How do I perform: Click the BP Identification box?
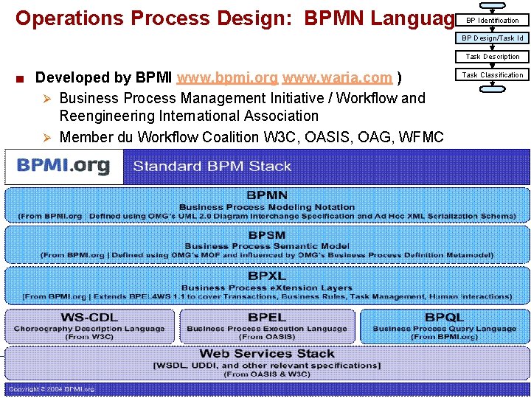(x=492, y=20)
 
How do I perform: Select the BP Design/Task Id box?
(x=492, y=38)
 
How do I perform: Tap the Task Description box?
(x=492, y=57)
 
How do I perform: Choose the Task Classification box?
(x=492, y=75)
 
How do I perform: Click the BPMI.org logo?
(x=63, y=165)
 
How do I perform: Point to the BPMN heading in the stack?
(x=267, y=195)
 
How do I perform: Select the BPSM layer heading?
(x=267, y=235)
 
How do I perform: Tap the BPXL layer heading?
(x=267, y=276)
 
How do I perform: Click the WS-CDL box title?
(x=89, y=317)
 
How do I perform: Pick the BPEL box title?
(x=267, y=317)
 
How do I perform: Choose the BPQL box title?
(x=444, y=317)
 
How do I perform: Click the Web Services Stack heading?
(x=267, y=354)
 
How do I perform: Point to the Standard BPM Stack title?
(x=212, y=166)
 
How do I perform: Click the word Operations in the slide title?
(x=71, y=18)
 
